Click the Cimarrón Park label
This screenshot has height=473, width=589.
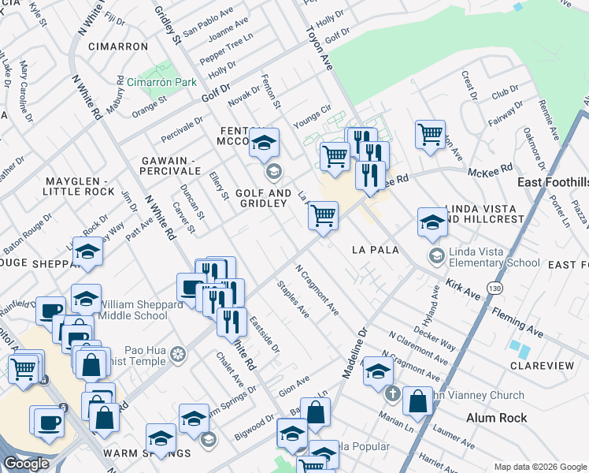tap(161, 82)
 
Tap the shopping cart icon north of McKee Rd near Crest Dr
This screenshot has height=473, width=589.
tap(430, 135)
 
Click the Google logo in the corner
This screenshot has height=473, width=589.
tap(26, 464)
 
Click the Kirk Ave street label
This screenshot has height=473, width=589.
tap(462, 288)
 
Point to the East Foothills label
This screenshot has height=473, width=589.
tap(553, 182)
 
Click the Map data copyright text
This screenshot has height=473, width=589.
tap(539, 467)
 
